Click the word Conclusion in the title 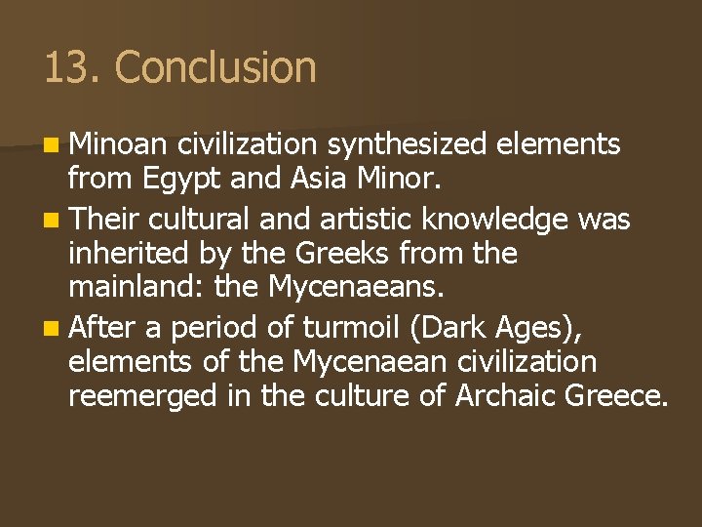pos(215,68)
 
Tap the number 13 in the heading pos(71,68)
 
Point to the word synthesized pos(407,145)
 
